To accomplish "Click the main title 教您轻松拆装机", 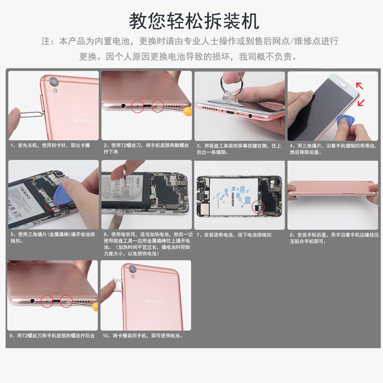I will [194, 21].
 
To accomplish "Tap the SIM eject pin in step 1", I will [28, 114].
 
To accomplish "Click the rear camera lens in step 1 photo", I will [55, 81].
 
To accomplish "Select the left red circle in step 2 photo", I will [138, 107].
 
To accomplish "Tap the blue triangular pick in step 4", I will [343, 121].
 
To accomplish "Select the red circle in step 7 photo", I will [258, 207].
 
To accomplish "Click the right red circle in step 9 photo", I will [66, 301].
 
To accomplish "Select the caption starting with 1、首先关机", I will [50, 145].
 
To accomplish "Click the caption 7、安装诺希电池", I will [234, 235].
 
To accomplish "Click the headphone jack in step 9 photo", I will [33, 300].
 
